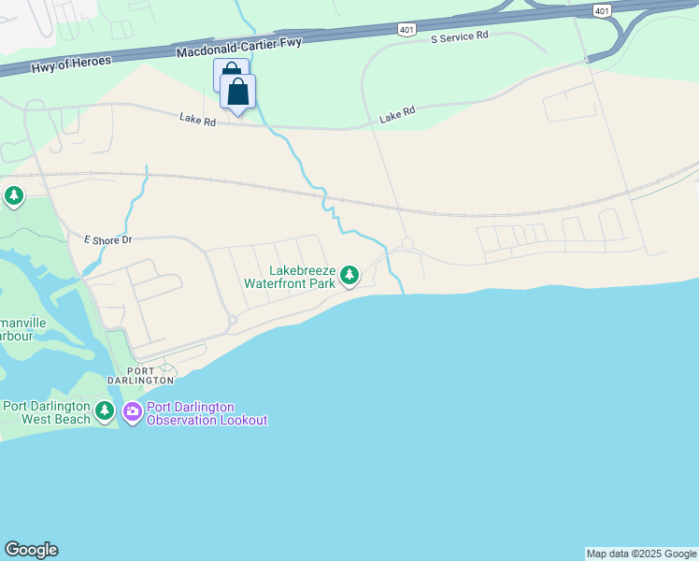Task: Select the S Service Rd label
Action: click(x=460, y=37)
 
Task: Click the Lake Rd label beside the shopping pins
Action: click(x=197, y=118)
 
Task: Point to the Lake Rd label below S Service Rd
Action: click(x=397, y=115)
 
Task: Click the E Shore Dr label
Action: click(x=107, y=240)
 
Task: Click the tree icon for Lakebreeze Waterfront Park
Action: click(x=349, y=275)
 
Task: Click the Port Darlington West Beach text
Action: click(x=47, y=412)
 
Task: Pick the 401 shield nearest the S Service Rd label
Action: click(x=407, y=30)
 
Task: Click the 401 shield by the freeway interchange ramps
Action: click(x=601, y=9)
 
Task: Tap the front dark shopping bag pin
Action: click(x=238, y=92)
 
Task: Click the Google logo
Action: click(x=31, y=550)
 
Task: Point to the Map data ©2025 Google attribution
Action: click(x=641, y=554)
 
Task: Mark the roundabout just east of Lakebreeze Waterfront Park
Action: click(x=407, y=244)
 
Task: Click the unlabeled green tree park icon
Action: click(x=13, y=196)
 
